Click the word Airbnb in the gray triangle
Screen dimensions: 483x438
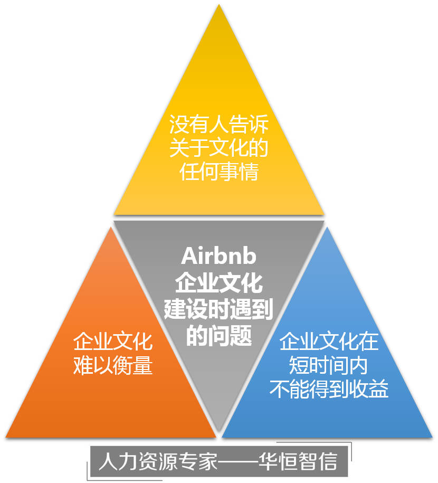pyautogui.click(x=218, y=257)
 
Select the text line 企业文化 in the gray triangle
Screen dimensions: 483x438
pyautogui.click(x=218, y=283)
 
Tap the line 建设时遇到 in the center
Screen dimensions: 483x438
pyautogui.click(x=218, y=310)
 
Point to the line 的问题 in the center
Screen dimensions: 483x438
pyautogui.click(x=218, y=336)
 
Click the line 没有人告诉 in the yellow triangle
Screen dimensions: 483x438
pyautogui.click(x=219, y=125)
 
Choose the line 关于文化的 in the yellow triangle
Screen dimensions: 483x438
pyautogui.click(x=219, y=148)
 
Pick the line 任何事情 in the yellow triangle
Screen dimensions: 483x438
pyautogui.click(x=219, y=172)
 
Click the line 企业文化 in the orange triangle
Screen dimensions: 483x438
pyautogui.click(x=113, y=342)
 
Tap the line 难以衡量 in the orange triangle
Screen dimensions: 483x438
pyautogui.click(x=113, y=365)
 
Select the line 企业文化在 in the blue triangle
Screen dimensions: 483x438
pyautogui.click(x=329, y=342)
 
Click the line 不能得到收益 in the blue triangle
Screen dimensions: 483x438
pyautogui.click(x=329, y=390)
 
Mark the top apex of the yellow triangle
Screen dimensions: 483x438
pyautogui.click(x=219, y=4)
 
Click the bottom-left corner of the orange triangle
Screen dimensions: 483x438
pyautogui.click(x=6, y=437)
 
